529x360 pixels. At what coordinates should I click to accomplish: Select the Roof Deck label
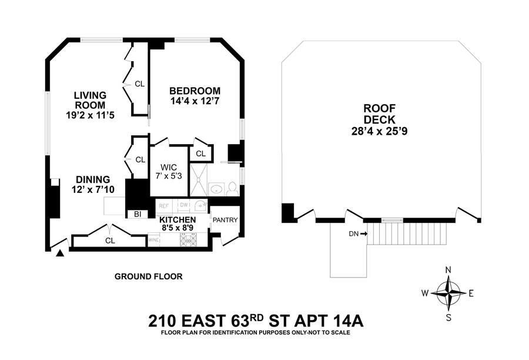point(379,114)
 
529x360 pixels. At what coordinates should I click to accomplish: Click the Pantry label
point(225,221)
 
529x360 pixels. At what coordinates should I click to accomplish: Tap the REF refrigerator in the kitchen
point(163,206)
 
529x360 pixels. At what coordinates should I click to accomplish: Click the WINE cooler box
point(154,240)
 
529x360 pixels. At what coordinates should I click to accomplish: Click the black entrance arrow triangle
point(60,254)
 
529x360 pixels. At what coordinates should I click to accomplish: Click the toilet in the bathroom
point(232,189)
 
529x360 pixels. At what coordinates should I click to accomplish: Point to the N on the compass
point(448,270)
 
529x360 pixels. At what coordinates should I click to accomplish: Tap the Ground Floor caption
point(148,276)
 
